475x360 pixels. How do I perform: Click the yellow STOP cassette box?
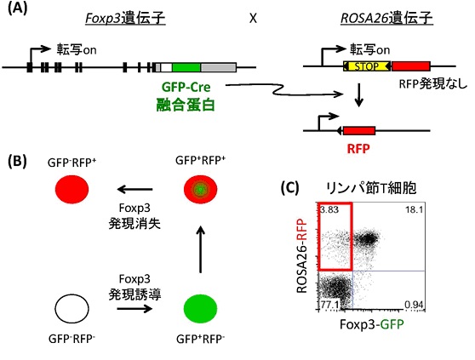[x=367, y=66]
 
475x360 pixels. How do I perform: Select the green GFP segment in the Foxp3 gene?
[x=186, y=67]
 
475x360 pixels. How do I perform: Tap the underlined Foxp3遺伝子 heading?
[x=125, y=18]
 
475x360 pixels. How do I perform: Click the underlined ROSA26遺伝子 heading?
[x=386, y=18]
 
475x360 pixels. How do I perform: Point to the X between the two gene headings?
[x=253, y=19]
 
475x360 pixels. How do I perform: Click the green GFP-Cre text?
[x=186, y=87]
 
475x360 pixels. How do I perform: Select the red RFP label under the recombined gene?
[x=358, y=149]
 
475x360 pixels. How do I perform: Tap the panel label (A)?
[x=17, y=9]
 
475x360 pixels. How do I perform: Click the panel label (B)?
[x=17, y=161]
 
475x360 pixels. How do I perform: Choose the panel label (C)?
[x=290, y=188]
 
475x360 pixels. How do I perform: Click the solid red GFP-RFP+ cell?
[x=72, y=189]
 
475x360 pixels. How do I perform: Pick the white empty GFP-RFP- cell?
[x=72, y=308]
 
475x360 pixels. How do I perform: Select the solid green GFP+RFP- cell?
[x=201, y=308]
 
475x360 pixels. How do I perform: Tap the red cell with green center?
[x=201, y=189]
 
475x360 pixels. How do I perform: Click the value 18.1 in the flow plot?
[x=414, y=209]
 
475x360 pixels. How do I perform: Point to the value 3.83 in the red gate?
[x=329, y=209]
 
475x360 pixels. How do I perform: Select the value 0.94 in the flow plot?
[x=414, y=305]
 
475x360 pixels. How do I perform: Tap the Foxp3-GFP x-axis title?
[x=372, y=324]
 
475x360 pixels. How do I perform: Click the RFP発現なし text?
[x=433, y=84]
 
